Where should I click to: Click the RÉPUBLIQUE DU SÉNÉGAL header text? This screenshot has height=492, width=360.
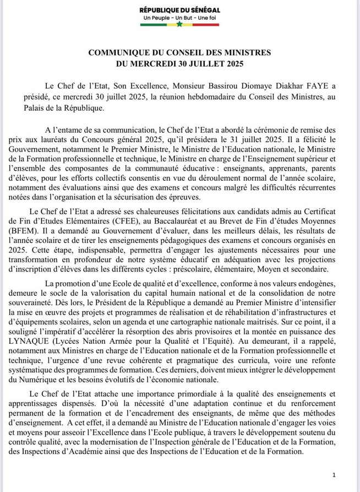pyautogui.click(x=179, y=10)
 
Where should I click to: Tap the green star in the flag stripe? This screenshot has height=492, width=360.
pyautogui.click(x=179, y=24)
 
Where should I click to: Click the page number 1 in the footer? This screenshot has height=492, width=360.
pyautogui.click(x=334, y=474)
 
